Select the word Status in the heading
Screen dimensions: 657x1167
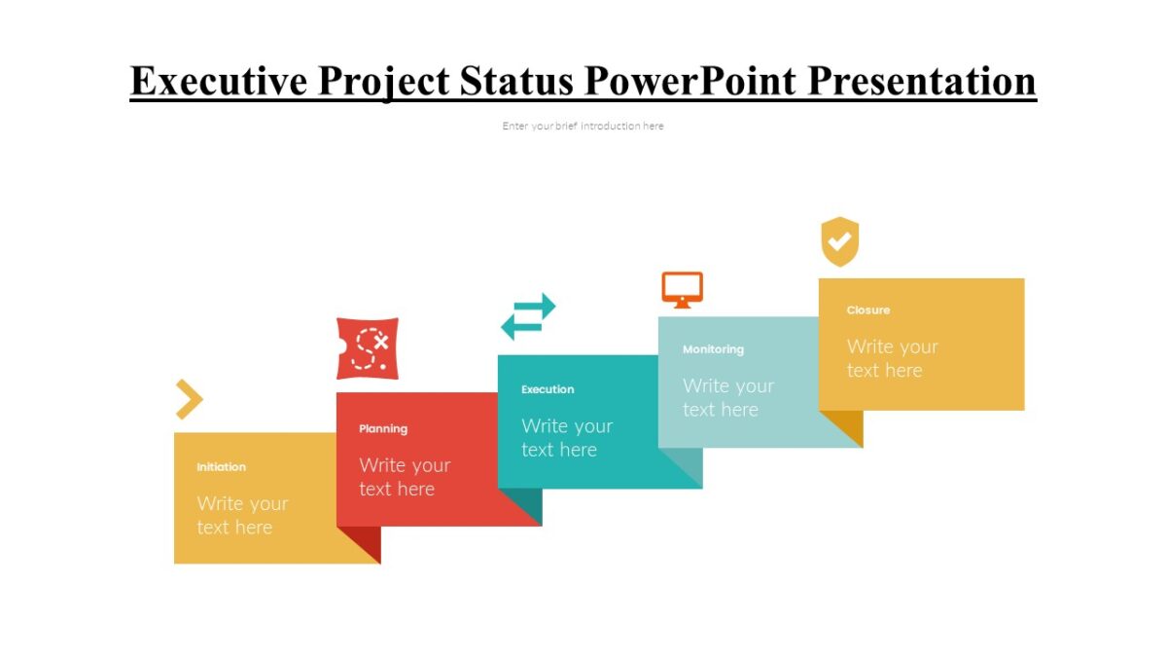tap(513, 82)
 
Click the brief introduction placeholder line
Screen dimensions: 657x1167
tap(583, 126)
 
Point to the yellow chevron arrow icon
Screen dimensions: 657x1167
tap(190, 399)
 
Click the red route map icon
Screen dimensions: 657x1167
tap(368, 348)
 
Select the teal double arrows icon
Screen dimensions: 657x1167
tap(528, 316)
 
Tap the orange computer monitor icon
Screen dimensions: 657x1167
tap(682, 290)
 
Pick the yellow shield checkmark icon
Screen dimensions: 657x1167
tap(839, 241)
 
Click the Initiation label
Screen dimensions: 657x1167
tap(221, 467)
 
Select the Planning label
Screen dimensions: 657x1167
tap(383, 429)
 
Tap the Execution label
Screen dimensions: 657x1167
tap(548, 389)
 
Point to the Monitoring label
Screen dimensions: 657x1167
tap(713, 349)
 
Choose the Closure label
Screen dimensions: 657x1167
tap(867, 310)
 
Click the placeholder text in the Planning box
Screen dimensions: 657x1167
tap(405, 477)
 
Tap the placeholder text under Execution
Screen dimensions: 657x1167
tap(566, 438)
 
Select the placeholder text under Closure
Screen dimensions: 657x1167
tap(892, 358)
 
